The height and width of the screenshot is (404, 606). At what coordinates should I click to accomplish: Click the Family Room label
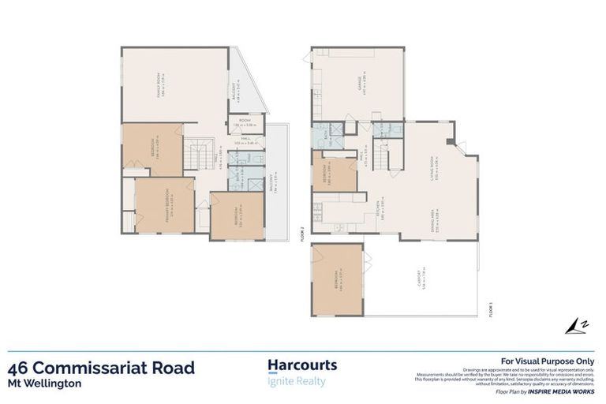tap(166, 82)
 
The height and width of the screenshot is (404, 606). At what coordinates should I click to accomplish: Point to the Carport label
tap(423, 278)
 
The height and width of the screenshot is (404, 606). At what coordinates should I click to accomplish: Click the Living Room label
tap(427, 165)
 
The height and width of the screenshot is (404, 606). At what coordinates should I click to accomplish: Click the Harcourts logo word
tap(303, 365)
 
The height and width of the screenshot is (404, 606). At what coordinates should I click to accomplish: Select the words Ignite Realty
tap(297, 382)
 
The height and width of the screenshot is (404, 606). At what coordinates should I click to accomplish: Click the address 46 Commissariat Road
tap(100, 368)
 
